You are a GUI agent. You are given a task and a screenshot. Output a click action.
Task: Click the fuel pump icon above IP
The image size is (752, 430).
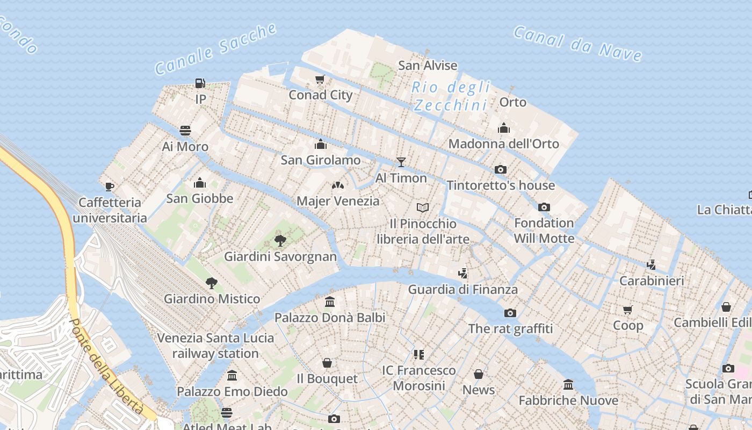200,83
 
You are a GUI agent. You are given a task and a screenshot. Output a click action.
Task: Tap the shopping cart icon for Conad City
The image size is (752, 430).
320,80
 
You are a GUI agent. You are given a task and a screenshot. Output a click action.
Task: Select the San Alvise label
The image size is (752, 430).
428,66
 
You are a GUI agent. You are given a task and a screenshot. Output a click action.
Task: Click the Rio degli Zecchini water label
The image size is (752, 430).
451,96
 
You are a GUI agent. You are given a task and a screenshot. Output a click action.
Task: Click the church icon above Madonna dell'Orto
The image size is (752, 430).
504,128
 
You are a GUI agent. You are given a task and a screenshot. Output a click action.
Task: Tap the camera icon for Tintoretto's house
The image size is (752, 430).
501,169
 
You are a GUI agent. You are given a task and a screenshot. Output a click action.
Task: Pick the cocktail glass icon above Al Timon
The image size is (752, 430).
401,162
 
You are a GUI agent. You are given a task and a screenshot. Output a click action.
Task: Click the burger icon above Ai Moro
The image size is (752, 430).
185,131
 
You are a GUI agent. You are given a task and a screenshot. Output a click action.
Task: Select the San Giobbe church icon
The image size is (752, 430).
200,183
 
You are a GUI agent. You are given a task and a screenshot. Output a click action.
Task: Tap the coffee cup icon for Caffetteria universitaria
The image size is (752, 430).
110,187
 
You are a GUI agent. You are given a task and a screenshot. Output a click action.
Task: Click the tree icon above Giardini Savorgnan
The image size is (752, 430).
280,240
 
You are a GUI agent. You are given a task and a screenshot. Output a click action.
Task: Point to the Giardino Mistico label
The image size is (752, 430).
212,299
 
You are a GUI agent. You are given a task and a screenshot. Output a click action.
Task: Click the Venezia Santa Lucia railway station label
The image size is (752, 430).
215,346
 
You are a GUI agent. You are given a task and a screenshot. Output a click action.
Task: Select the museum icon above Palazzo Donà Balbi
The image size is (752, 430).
330,302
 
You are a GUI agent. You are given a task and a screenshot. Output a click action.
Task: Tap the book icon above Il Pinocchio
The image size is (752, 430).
423,207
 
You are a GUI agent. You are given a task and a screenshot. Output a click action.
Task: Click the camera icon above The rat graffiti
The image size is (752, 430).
510,313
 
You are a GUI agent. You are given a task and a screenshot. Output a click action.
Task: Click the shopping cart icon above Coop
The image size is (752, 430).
628,310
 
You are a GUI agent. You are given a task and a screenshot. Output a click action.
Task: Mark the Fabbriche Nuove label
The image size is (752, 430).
568,400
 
